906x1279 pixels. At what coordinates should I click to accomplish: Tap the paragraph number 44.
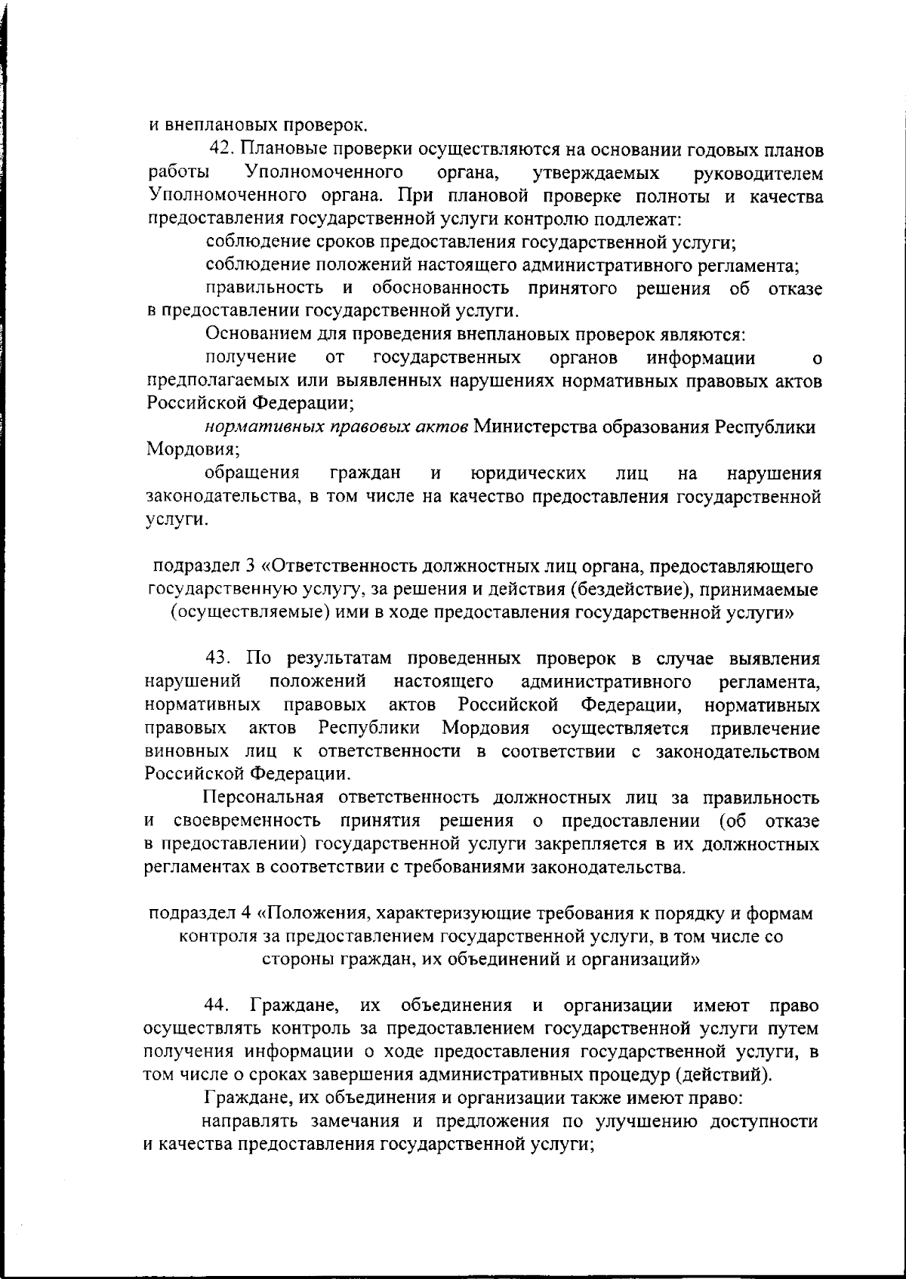click(218, 1006)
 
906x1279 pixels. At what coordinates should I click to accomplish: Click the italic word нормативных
click(256, 427)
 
